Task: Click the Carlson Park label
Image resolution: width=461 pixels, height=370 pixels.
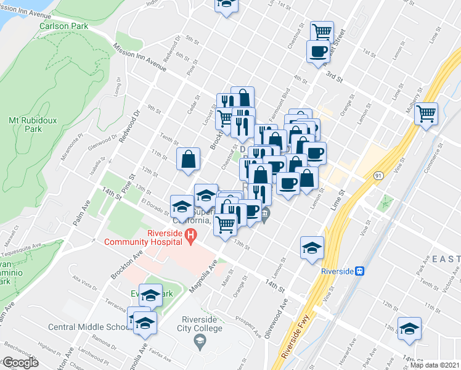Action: click(63, 26)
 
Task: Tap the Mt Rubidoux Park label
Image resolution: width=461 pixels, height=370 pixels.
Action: click(25, 125)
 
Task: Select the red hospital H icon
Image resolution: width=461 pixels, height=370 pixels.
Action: click(190, 234)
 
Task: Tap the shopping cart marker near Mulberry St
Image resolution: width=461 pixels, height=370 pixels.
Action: click(426, 113)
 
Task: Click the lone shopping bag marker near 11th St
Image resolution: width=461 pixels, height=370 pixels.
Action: click(189, 159)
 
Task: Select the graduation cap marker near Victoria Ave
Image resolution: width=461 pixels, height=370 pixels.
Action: click(409, 329)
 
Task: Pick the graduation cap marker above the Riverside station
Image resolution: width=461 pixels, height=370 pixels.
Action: click(312, 247)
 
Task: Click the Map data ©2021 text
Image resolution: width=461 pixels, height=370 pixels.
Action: click(434, 365)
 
